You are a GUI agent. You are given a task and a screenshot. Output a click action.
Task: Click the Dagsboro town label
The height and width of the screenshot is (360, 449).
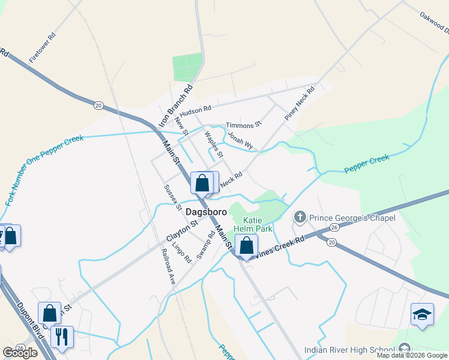206,212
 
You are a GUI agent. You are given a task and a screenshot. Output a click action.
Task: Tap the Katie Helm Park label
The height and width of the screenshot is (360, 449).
258,223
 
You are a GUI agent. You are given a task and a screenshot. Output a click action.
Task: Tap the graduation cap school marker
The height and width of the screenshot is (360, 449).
422,314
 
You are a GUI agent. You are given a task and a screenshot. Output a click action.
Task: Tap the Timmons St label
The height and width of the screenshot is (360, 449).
244,124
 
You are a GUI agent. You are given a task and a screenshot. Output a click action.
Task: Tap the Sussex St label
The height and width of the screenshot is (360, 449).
173,197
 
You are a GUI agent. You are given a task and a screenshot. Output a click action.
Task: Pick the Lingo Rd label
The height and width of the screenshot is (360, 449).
181,250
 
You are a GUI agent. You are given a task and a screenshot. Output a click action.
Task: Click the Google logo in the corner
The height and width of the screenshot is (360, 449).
20,353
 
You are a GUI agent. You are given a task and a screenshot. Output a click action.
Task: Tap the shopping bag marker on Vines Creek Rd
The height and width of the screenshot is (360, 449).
246,245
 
